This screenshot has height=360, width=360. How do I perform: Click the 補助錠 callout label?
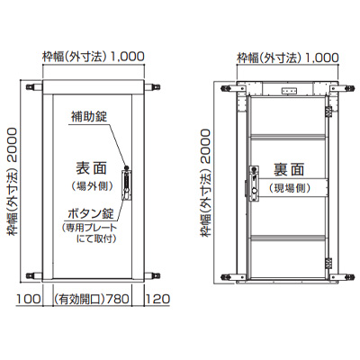point(89,117)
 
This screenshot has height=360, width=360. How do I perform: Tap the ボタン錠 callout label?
point(91,214)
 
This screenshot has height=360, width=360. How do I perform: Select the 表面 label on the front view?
point(91,168)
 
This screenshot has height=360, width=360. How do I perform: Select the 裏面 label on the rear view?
point(289,169)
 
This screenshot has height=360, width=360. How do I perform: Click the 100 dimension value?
point(28,299)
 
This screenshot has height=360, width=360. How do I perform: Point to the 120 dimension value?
point(157,299)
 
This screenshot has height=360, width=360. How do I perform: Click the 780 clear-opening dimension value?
point(118,299)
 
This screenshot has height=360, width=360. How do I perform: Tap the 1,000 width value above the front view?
point(128,57)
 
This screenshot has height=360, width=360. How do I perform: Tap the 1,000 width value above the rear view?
point(322,57)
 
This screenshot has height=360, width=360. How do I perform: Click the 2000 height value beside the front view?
point(13,144)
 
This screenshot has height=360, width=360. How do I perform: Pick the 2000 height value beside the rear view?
point(206,146)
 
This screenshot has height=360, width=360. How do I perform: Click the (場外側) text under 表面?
point(93,186)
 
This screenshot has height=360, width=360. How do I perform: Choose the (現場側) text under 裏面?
point(289,188)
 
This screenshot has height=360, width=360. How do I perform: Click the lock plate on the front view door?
point(126,185)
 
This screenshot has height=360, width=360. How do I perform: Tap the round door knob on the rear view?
point(255,191)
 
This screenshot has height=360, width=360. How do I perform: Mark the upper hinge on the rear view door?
point(329,111)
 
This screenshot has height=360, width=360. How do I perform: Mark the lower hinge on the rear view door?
point(329,263)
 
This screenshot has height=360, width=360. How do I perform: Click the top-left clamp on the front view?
point(34,87)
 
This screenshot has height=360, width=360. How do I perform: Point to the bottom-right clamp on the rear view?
point(340,276)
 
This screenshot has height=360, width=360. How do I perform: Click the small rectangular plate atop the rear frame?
point(289,90)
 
